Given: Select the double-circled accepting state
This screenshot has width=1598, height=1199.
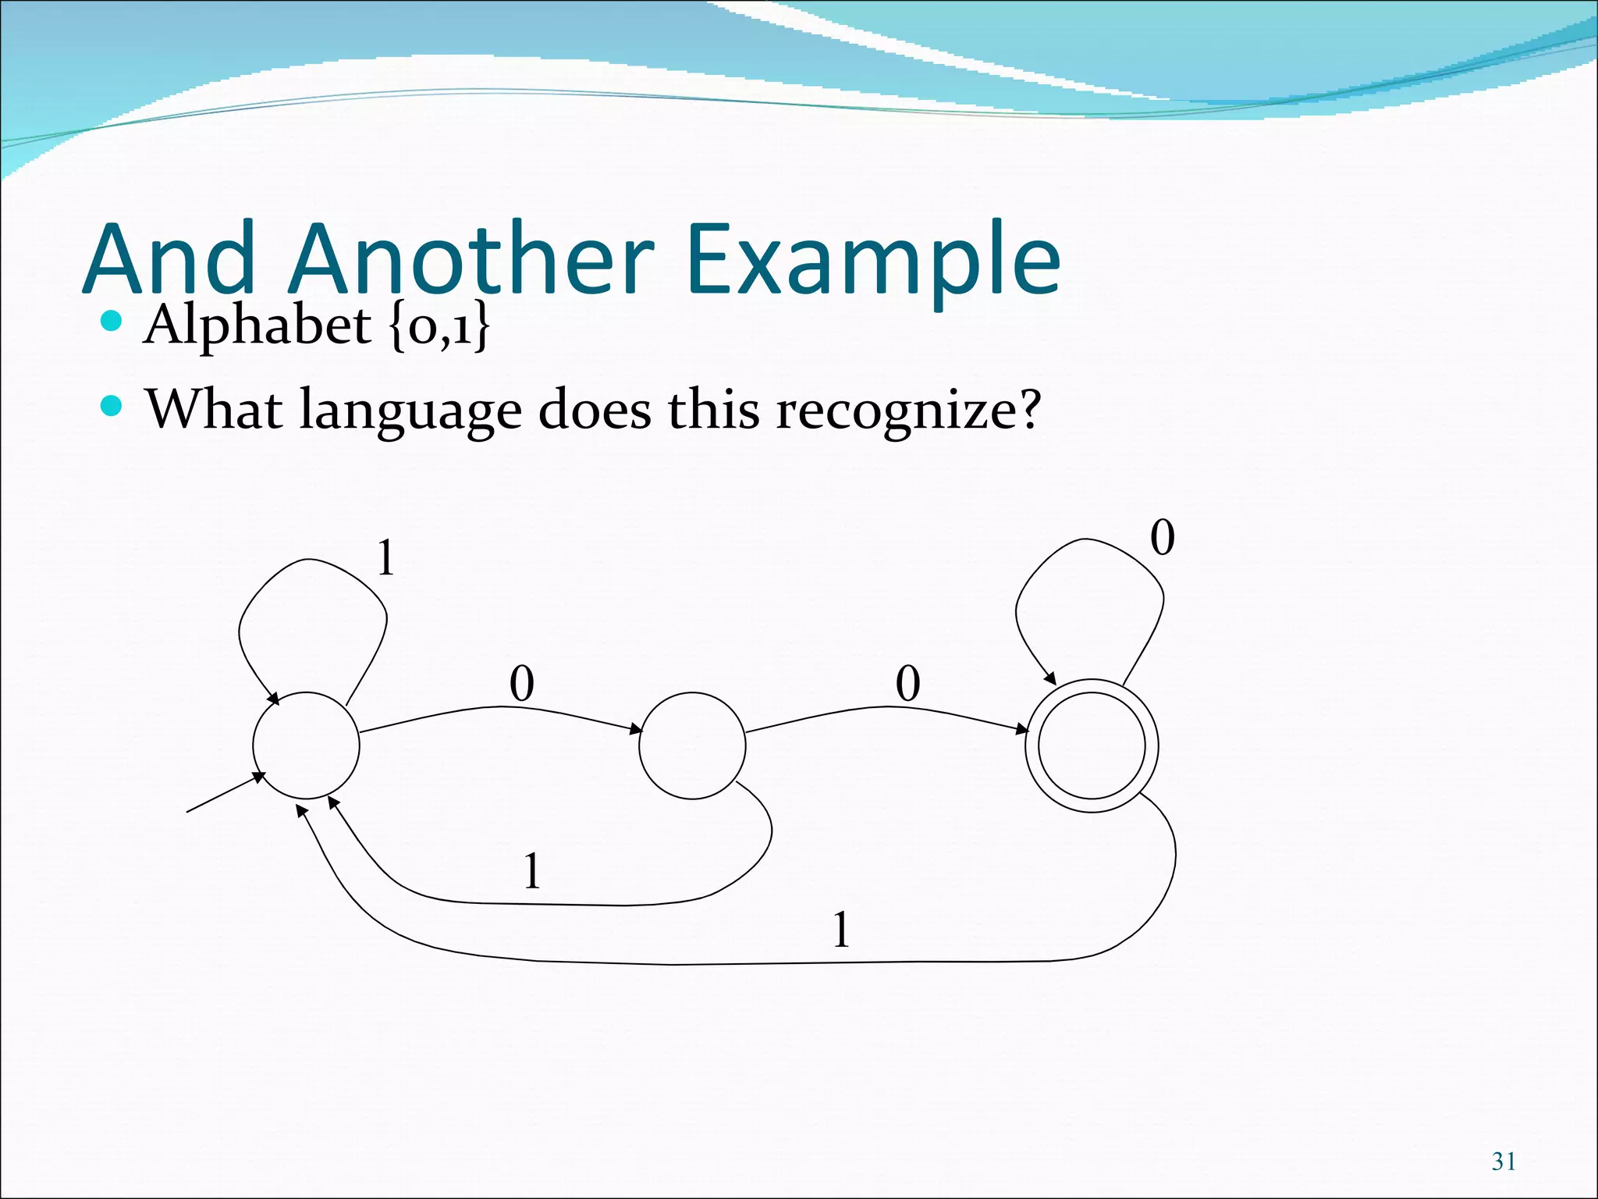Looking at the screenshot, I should [x=1091, y=745].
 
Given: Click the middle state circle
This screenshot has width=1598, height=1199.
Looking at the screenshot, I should [x=692, y=745].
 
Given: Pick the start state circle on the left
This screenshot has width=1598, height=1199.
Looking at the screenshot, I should [x=306, y=745].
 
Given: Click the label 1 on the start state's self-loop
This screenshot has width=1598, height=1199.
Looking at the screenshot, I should [x=385, y=559].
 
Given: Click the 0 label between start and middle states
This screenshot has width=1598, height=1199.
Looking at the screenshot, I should [x=521, y=684].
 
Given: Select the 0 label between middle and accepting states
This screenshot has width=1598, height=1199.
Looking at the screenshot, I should [x=907, y=684].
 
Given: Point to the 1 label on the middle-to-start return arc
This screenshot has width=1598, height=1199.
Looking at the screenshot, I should [x=532, y=871].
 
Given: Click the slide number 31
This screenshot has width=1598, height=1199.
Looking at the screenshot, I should [x=1504, y=1162].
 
